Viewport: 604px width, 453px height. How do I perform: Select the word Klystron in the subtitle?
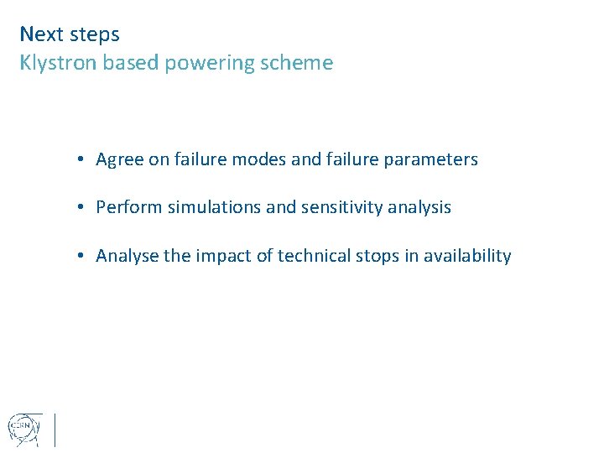coord(56,63)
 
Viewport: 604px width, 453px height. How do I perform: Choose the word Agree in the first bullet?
coord(120,159)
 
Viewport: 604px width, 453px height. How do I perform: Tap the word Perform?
coord(129,207)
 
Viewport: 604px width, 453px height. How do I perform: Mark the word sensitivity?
coord(334,207)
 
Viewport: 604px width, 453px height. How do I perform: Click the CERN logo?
coord(23,427)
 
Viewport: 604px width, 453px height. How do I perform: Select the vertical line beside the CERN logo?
coord(55,429)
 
